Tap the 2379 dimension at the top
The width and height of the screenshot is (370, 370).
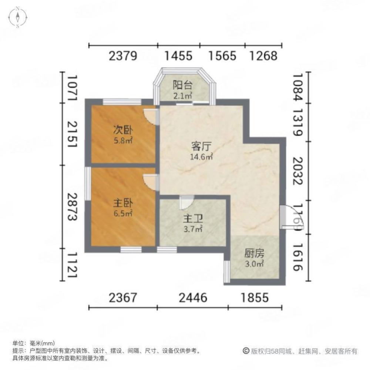point(123,56)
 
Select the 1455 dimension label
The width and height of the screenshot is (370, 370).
point(179,56)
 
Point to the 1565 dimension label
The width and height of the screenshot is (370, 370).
point(222,56)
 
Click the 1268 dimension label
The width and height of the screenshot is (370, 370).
point(263,56)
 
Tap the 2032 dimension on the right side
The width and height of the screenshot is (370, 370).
point(298,171)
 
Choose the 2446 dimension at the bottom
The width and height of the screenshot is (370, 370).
point(192,297)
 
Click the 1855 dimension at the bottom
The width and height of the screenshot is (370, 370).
point(255,297)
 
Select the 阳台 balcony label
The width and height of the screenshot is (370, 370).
point(182,85)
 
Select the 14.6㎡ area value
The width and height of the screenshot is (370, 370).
point(201,157)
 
